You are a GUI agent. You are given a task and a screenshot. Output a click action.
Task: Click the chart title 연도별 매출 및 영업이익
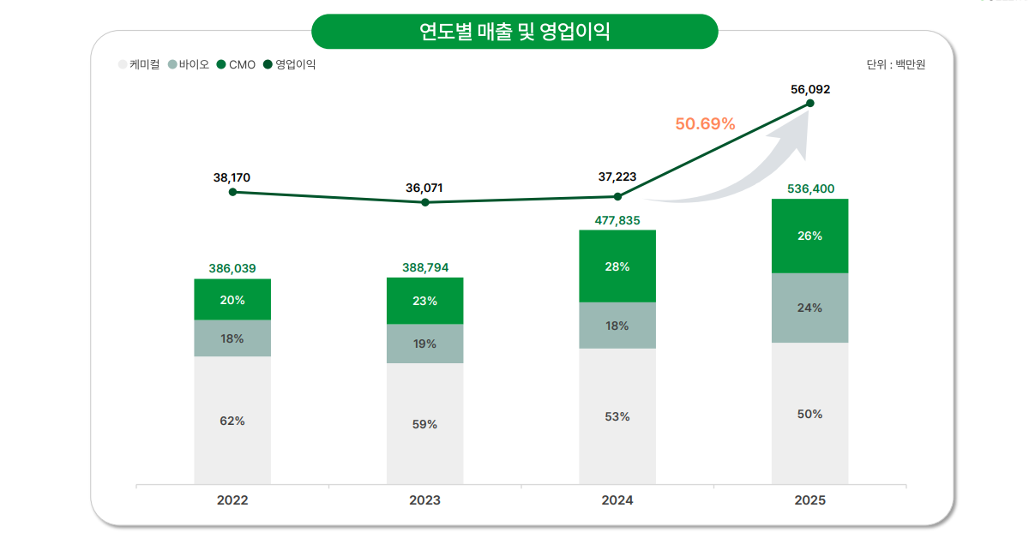click(x=514, y=32)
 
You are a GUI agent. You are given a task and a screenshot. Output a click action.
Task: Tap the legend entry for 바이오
click(x=189, y=64)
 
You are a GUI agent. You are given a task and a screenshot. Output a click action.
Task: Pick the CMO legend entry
click(x=237, y=64)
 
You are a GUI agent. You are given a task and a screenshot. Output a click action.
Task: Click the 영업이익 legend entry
click(x=290, y=64)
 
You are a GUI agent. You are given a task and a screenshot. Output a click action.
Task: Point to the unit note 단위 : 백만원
click(x=896, y=64)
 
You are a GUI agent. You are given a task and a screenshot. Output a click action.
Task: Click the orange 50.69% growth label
click(x=705, y=123)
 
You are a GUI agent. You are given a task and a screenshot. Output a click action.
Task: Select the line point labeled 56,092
click(x=810, y=104)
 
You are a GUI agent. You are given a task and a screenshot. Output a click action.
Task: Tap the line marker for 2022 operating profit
click(x=232, y=192)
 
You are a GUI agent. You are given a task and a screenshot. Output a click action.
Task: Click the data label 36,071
click(x=424, y=188)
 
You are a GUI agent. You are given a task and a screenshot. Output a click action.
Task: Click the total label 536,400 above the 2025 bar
click(x=810, y=188)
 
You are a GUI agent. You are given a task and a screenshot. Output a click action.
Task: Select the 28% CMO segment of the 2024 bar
click(x=617, y=266)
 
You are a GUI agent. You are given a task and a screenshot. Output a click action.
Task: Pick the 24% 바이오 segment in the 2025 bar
click(x=810, y=308)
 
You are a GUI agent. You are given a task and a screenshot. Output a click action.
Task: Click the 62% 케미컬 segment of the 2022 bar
click(x=232, y=421)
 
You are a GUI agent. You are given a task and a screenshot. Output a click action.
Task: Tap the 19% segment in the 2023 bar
click(x=424, y=344)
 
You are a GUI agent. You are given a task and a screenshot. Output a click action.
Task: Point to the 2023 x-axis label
click(x=424, y=500)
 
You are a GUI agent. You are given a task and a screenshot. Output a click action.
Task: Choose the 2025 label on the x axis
click(x=810, y=500)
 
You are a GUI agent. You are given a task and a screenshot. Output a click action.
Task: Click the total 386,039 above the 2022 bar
click(x=232, y=268)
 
